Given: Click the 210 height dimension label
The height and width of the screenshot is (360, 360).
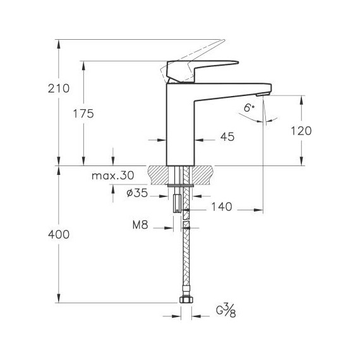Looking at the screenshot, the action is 59,88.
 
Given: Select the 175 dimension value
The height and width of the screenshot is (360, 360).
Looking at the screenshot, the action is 83,114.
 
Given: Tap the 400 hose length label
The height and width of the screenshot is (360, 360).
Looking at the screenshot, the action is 59,235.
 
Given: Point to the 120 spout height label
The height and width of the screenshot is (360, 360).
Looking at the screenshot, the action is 301,131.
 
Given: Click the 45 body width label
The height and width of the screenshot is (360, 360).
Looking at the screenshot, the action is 227,136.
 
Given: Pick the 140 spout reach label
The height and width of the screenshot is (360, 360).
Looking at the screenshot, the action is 222,207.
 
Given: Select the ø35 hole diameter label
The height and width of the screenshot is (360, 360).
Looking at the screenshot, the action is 137,193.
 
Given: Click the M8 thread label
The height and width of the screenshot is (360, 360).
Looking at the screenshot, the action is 140,225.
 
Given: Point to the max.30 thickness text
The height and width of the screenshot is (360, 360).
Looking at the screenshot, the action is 112,176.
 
